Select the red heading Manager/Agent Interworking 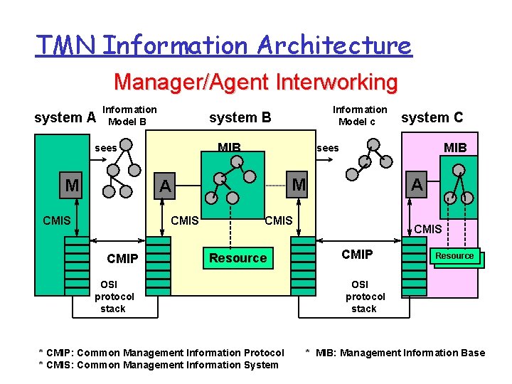[255, 82]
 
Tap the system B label [240, 117]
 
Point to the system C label [432, 117]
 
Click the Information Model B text [129, 115]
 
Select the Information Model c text [360, 115]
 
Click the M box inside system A [72, 186]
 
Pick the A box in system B [165, 186]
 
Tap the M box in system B [299, 185]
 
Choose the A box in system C [417, 184]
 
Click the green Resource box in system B [238, 258]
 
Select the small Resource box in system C [454, 256]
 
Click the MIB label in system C [455, 148]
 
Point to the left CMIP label [122, 258]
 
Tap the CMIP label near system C [357, 254]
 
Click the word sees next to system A [106, 148]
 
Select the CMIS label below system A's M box [56, 220]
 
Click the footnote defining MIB [395, 353]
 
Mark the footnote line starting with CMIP [161, 353]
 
